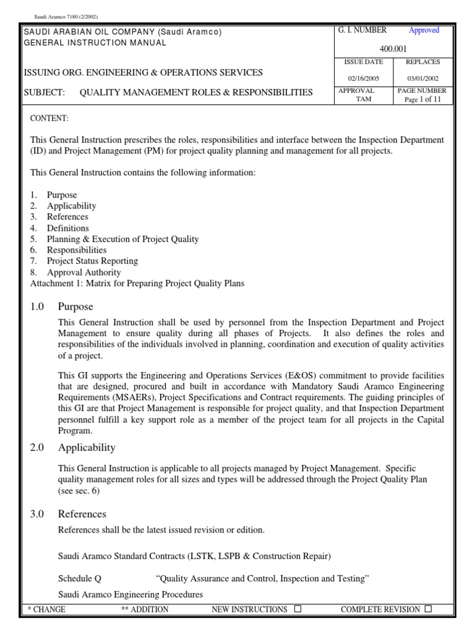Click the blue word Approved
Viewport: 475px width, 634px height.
tap(424, 30)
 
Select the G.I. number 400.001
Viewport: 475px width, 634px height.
tap(393, 47)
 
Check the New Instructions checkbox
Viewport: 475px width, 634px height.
tap(297, 609)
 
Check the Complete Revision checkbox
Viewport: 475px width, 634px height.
tap(428, 609)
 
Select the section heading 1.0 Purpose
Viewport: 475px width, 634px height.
tap(75, 306)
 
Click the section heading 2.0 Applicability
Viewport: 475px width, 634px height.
tap(86, 447)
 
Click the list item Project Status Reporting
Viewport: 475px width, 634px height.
tap(92, 261)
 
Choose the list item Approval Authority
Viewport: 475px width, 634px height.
tap(83, 272)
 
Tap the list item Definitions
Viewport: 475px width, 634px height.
tap(68, 228)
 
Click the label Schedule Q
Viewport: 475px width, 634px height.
tap(79, 578)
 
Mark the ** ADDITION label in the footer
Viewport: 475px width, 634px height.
tap(145, 609)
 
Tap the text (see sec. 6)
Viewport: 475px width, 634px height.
tap(79, 490)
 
